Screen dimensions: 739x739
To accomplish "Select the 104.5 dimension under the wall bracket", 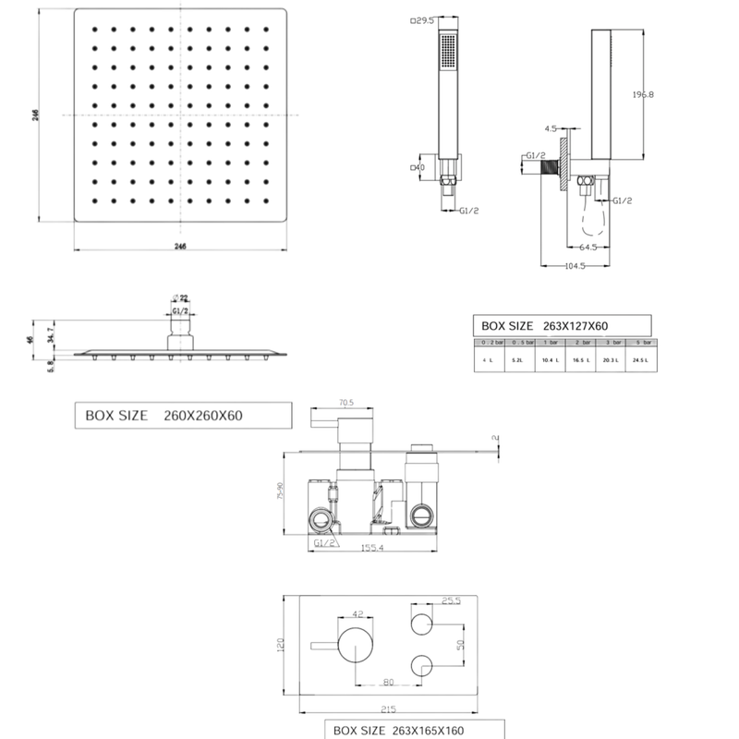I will [575, 266].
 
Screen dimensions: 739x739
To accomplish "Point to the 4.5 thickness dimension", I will [551, 128].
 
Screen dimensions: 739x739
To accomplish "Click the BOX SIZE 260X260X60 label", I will [164, 416].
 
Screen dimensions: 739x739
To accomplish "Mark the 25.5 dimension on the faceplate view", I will [451, 600].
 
